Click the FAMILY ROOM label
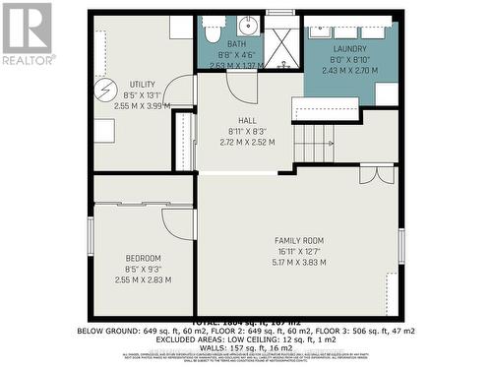[x=298, y=241]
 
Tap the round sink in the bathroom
[x=247, y=27]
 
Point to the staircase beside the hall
[x=315, y=143]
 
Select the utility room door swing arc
[x=178, y=93]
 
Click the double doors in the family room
[x=377, y=174]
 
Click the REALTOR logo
[x=29, y=33]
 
